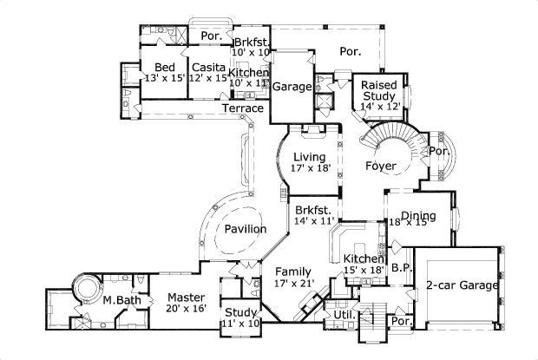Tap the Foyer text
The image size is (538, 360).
pos(380,165)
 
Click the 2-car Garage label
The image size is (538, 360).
pos(461,285)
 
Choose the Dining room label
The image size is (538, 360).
pos(417,212)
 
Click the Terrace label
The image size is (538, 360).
pos(243,108)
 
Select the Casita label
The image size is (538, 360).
pos(209,68)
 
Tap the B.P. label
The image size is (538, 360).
pos(400,267)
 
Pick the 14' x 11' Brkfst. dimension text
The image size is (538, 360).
pos(315,221)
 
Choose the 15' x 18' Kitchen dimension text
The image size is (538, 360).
pos(363,271)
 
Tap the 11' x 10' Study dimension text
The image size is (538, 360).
pos(241,323)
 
